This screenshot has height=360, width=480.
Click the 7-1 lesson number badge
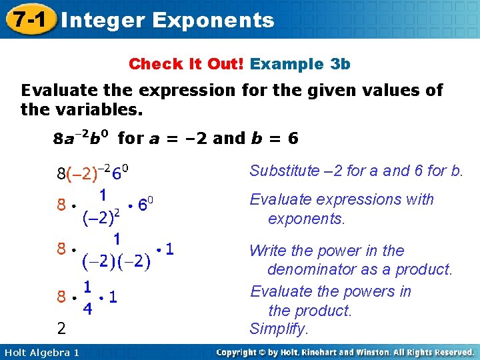(x=27, y=20)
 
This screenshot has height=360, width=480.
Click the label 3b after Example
(x=340, y=64)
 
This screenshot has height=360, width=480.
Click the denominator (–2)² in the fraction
(x=101, y=215)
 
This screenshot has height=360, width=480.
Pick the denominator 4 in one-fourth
(x=87, y=310)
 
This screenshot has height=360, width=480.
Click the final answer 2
(x=61, y=329)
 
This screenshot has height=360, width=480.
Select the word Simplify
(x=279, y=329)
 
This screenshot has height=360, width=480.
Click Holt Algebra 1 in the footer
(x=41, y=352)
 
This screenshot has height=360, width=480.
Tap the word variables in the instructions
(x=101, y=109)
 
